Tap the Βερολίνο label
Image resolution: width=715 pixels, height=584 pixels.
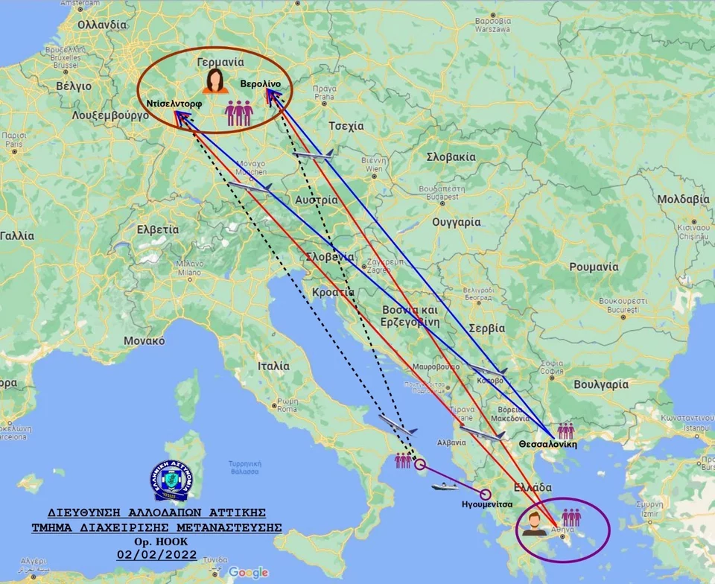point(261,84)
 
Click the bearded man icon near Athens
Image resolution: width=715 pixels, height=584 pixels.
point(532,524)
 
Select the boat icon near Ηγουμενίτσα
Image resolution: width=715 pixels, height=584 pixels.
point(443,486)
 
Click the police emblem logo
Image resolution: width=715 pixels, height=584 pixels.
point(171,480)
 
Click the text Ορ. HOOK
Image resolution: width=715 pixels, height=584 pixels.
point(156,541)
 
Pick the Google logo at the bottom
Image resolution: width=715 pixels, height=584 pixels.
point(248,572)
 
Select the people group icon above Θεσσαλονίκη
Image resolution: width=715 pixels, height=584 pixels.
point(566,431)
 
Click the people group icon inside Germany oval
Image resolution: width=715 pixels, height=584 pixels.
point(239,113)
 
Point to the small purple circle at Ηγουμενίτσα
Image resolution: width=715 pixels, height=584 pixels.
point(486,493)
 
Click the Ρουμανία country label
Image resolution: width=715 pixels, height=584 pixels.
point(594,267)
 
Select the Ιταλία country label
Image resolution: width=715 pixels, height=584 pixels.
point(273,366)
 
